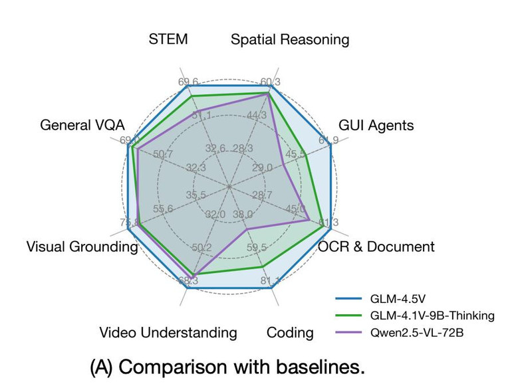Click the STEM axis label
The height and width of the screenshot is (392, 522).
click(x=168, y=39)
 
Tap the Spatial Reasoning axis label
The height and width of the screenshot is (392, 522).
click(x=289, y=40)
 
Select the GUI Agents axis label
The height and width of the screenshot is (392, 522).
click(x=376, y=125)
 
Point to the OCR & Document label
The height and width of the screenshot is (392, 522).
click(x=376, y=246)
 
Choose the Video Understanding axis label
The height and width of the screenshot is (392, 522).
click(x=168, y=332)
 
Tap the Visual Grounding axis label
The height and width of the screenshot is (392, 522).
click(x=82, y=246)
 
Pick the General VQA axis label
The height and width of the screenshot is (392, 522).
click(x=82, y=125)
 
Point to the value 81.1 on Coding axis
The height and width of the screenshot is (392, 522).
click(x=270, y=282)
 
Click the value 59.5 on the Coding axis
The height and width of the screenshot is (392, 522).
click(x=256, y=248)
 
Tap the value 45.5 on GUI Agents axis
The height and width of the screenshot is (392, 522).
click(x=296, y=155)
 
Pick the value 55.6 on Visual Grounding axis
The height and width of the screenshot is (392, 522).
click(x=163, y=209)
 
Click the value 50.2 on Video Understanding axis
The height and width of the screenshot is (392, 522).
click(x=201, y=248)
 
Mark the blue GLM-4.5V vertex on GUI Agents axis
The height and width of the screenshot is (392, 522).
click(x=330, y=147)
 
